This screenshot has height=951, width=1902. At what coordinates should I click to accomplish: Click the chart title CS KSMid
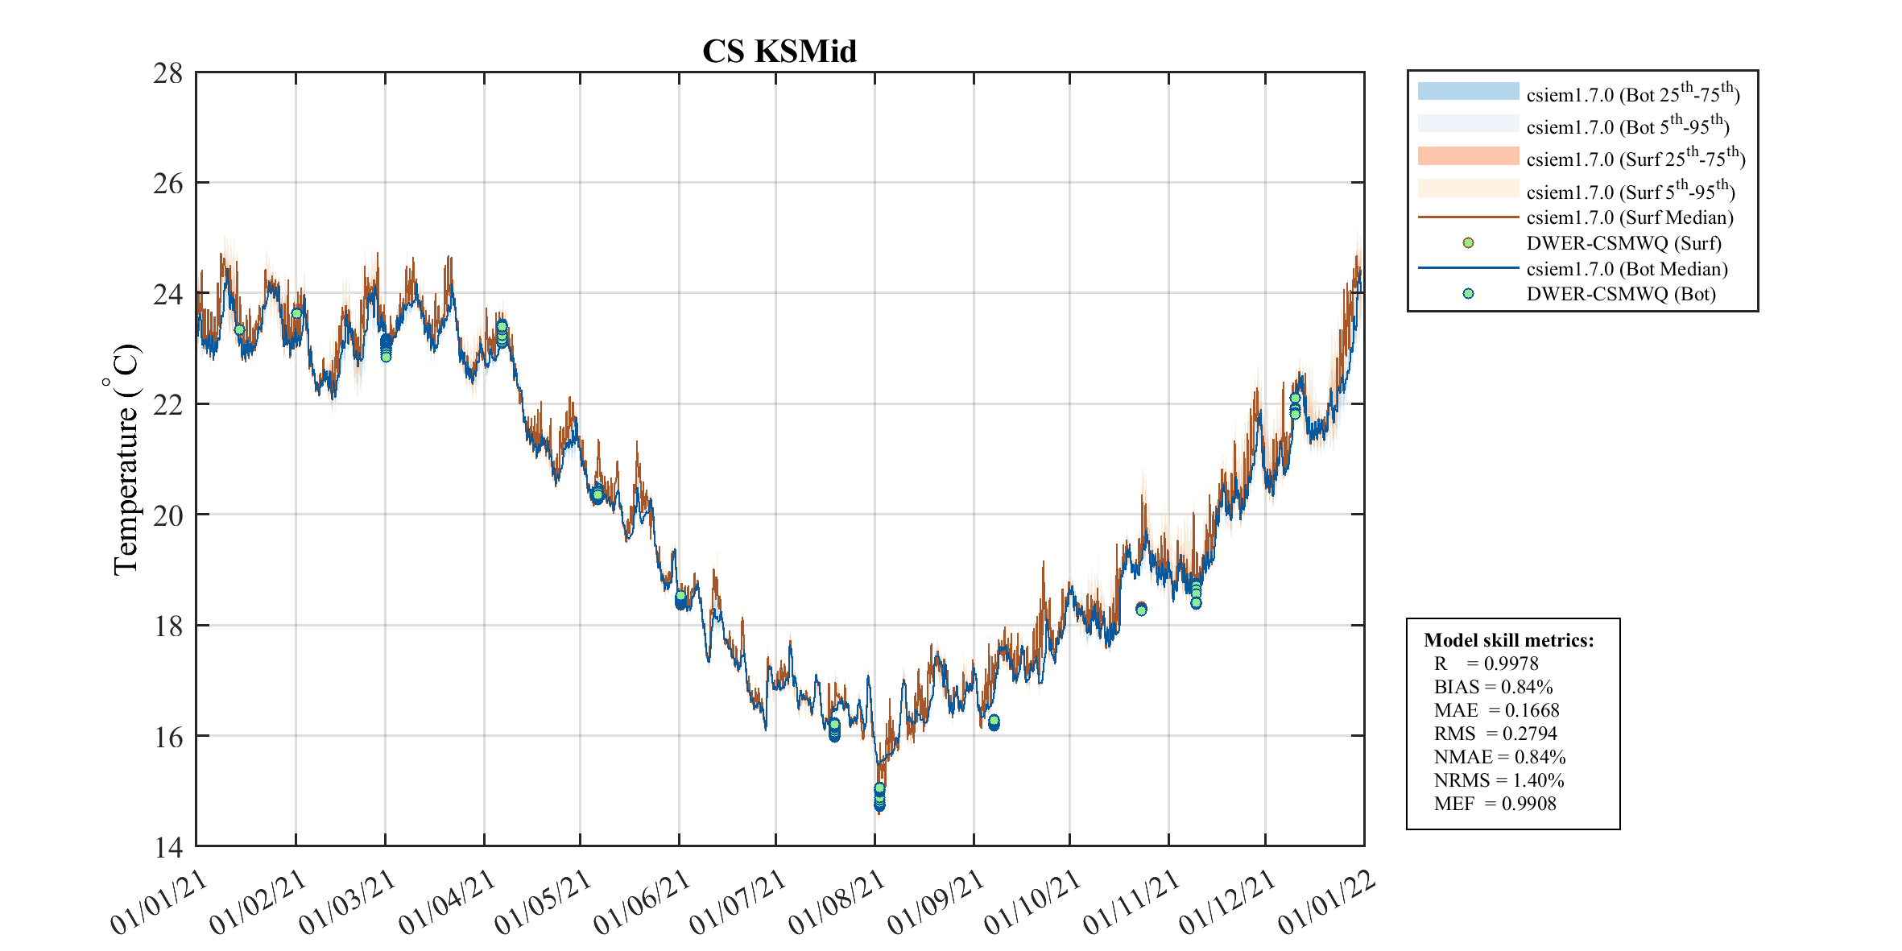coord(779,52)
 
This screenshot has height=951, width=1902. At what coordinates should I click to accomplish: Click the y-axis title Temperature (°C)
coord(126,459)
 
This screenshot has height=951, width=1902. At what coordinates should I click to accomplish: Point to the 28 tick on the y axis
coord(168,73)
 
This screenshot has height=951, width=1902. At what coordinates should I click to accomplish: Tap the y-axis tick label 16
coord(168,737)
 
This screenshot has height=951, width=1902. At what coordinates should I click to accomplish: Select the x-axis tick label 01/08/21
coord(838,903)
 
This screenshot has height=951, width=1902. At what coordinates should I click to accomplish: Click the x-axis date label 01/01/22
coord(1327,903)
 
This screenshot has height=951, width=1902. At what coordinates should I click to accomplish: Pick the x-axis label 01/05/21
coord(544,903)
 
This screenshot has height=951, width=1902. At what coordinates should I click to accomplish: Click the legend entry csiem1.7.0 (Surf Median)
coord(1629,217)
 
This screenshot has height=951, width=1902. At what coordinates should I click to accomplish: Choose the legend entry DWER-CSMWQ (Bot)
coord(1620,294)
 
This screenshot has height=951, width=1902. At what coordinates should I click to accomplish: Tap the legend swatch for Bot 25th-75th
coord(1468,91)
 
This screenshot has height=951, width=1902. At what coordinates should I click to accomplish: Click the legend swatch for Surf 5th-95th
coord(1468,188)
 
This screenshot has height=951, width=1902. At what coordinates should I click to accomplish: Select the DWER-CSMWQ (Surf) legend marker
coord(1468,243)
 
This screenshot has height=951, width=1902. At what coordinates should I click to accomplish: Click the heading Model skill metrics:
coord(1508,640)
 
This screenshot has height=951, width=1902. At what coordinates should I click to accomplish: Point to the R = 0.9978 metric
coord(1486,664)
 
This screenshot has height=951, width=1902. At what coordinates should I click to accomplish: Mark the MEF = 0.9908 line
coord(1495,804)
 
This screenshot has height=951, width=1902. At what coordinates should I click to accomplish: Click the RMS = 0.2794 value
coord(1495,734)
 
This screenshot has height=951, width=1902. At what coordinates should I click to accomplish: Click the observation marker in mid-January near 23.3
coord(239,329)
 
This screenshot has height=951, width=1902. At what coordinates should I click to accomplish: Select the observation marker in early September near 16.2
coord(994,722)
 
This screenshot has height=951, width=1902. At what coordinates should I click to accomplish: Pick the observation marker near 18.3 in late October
coord(1141,609)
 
